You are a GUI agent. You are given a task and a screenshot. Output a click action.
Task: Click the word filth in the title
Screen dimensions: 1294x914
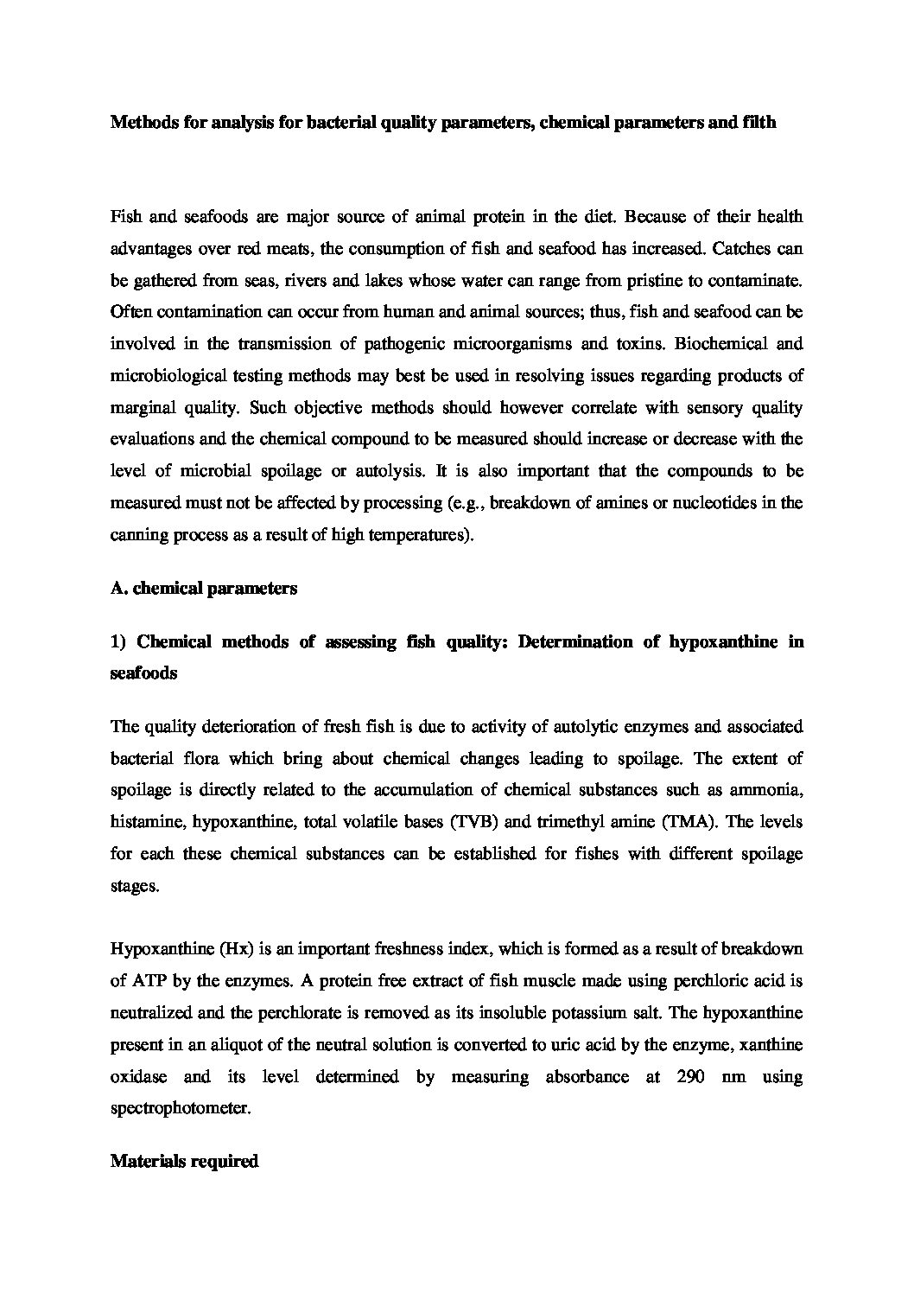[758, 123]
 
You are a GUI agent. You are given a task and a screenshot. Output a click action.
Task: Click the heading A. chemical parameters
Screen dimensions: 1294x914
[204, 589]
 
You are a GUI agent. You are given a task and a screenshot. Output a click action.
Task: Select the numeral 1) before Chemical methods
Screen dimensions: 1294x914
[119, 641]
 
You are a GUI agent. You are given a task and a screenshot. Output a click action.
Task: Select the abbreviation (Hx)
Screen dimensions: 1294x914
[237, 948]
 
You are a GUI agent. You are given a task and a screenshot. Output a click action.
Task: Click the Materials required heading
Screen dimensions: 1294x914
[185, 1162]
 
